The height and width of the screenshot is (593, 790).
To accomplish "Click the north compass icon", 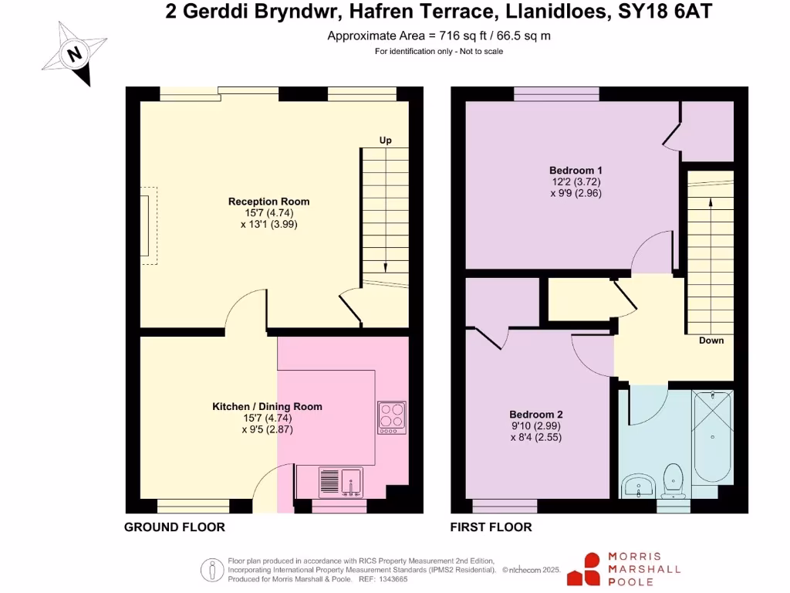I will click(x=73, y=53).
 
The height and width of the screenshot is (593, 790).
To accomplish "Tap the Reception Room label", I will click(x=268, y=202).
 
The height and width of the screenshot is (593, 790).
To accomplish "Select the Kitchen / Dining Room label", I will click(x=267, y=406).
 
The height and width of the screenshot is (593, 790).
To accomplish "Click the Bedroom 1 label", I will click(x=576, y=171).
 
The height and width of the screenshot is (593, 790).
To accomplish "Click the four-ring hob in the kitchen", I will click(x=391, y=418).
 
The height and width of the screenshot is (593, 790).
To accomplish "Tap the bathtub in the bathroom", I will click(x=713, y=436).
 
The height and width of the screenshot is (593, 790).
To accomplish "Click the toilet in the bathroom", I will click(x=675, y=479).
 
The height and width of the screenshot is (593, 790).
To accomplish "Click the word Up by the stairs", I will click(x=385, y=141).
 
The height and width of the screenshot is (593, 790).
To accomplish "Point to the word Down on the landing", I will click(x=711, y=341).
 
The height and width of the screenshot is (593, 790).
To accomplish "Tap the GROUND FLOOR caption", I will click(x=175, y=527).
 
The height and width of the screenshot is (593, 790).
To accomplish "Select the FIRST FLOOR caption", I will click(x=491, y=527).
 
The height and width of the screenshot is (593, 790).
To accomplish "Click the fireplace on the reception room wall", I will click(x=146, y=225).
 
